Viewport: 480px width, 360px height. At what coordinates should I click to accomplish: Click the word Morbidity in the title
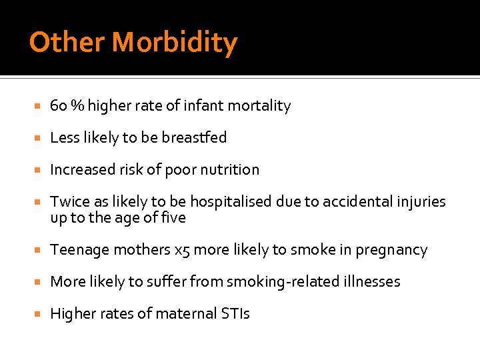pyautogui.click(x=175, y=43)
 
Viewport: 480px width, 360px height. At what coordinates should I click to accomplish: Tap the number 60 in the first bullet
pyautogui.click(x=59, y=106)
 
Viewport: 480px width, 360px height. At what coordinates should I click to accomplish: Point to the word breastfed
pyautogui.click(x=194, y=138)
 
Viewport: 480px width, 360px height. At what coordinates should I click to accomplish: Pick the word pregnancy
pyautogui.click(x=391, y=250)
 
